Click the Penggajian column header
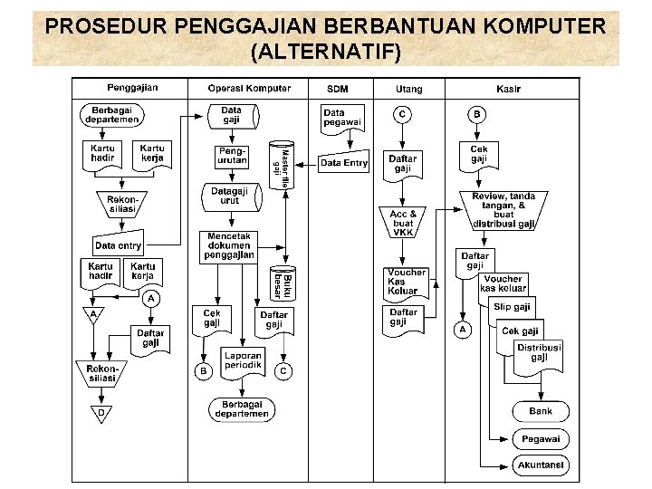pos(133,88)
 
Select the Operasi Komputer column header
pos(249,88)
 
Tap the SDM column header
pos(337,89)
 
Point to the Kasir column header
pos(508,89)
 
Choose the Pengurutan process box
pos(232,155)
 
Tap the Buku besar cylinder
pos(282,284)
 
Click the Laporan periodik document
pos(244,360)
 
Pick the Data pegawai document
pos(341,117)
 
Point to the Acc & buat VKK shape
pos(403,223)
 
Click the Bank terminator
pos(541,411)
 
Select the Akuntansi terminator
pos(541,465)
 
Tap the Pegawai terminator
pos(541,439)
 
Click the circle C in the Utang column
pos(402,114)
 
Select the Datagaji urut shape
pos(230,197)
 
